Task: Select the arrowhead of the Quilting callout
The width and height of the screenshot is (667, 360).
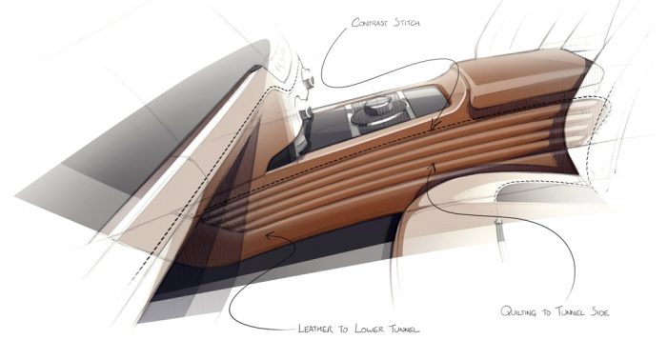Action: click(x=432, y=165)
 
